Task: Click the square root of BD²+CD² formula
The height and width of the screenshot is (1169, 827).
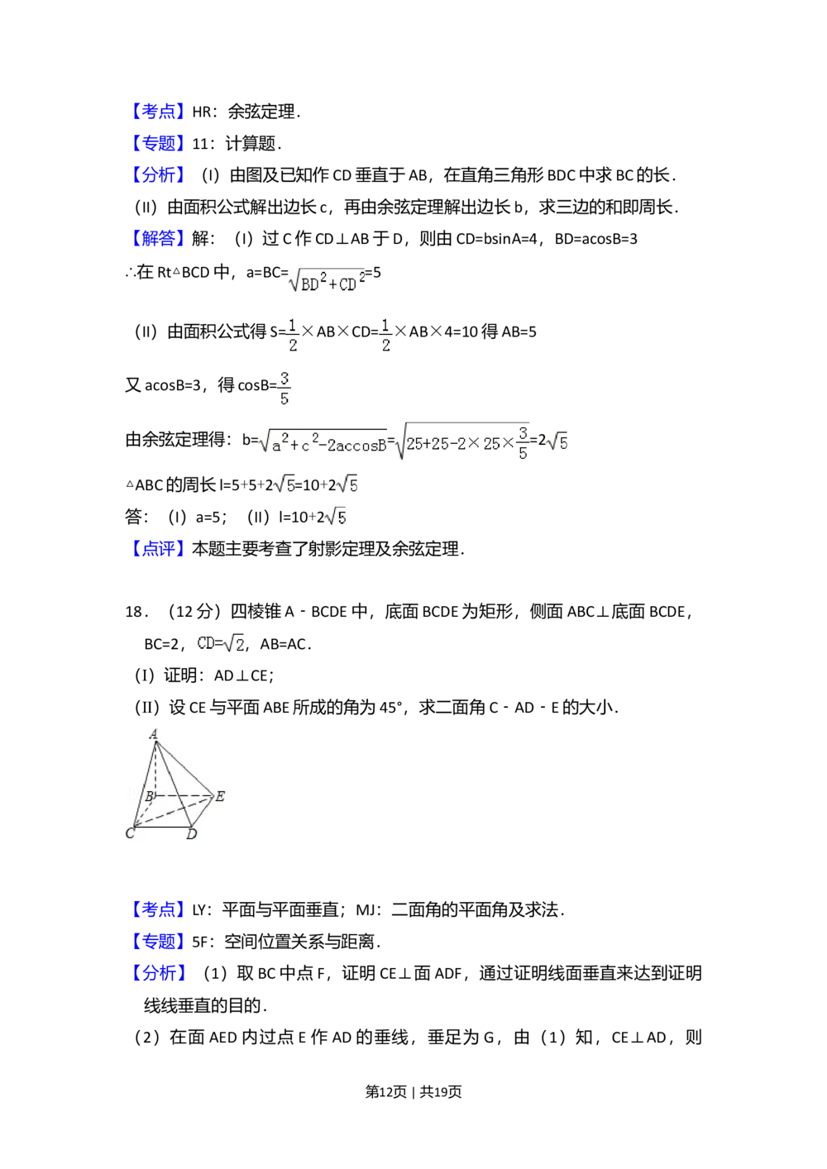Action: pyautogui.click(x=327, y=282)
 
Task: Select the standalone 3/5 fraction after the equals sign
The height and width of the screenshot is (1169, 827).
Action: pyautogui.click(x=284, y=389)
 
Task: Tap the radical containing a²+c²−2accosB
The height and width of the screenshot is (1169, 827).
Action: pyautogui.click(x=323, y=441)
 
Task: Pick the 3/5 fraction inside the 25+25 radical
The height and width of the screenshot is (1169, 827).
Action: pyautogui.click(x=522, y=442)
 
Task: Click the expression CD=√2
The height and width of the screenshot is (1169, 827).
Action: pyautogui.click(x=219, y=642)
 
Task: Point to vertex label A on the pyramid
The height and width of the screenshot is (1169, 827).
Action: pyautogui.click(x=153, y=732)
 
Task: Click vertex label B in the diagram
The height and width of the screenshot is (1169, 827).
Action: pyautogui.click(x=149, y=796)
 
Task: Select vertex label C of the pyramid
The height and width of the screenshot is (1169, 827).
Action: pyautogui.click(x=129, y=833)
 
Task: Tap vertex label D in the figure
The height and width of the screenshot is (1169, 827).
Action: pyautogui.click(x=192, y=834)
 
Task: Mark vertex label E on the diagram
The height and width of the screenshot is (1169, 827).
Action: pyautogui.click(x=220, y=797)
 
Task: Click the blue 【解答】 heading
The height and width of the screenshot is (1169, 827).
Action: pyautogui.click(x=158, y=239)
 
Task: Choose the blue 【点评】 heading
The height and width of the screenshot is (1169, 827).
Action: pyautogui.click(x=158, y=549)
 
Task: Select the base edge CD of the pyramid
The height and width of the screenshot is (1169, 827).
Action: pyautogui.click(x=162, y=826)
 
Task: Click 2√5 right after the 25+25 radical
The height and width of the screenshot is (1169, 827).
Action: pyautogui.click(x=556, y=442)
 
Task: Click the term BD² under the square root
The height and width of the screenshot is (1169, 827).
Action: pyautogui.click(x=313, y=284)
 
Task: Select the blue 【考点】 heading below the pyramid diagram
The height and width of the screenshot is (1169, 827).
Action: pyautogui.click(x=158, y=909)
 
